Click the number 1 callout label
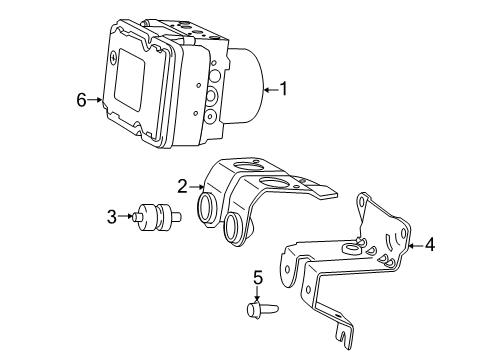[284, 90]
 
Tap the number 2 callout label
[182, 184]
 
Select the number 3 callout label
[113, 214]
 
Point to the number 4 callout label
[430, 243]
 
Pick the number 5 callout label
[256, 278]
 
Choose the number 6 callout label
[81, 99]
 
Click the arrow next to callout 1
[270, 90]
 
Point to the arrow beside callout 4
[415, 243]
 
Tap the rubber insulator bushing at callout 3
[156, 216]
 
